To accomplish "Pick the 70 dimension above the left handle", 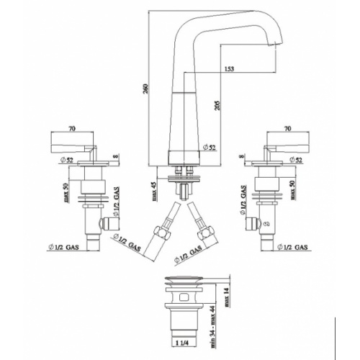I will point(71,130).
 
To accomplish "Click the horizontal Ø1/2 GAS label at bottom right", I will point(291,248).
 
